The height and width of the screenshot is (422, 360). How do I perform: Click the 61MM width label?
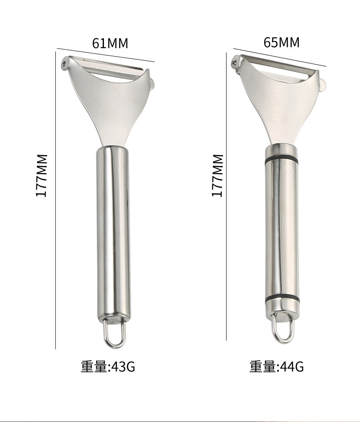point(110,43)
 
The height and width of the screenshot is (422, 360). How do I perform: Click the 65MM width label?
point(281,42)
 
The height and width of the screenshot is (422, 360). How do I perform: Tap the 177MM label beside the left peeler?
point(42,175)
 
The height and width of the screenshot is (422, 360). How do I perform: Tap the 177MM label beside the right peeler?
point(217,175)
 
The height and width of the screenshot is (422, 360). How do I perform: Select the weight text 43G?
point(123,366)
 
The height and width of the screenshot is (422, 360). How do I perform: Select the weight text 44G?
point(292,366)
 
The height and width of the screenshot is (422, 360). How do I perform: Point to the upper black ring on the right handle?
point(281,159)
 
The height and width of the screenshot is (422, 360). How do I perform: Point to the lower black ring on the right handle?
point(282,299)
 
